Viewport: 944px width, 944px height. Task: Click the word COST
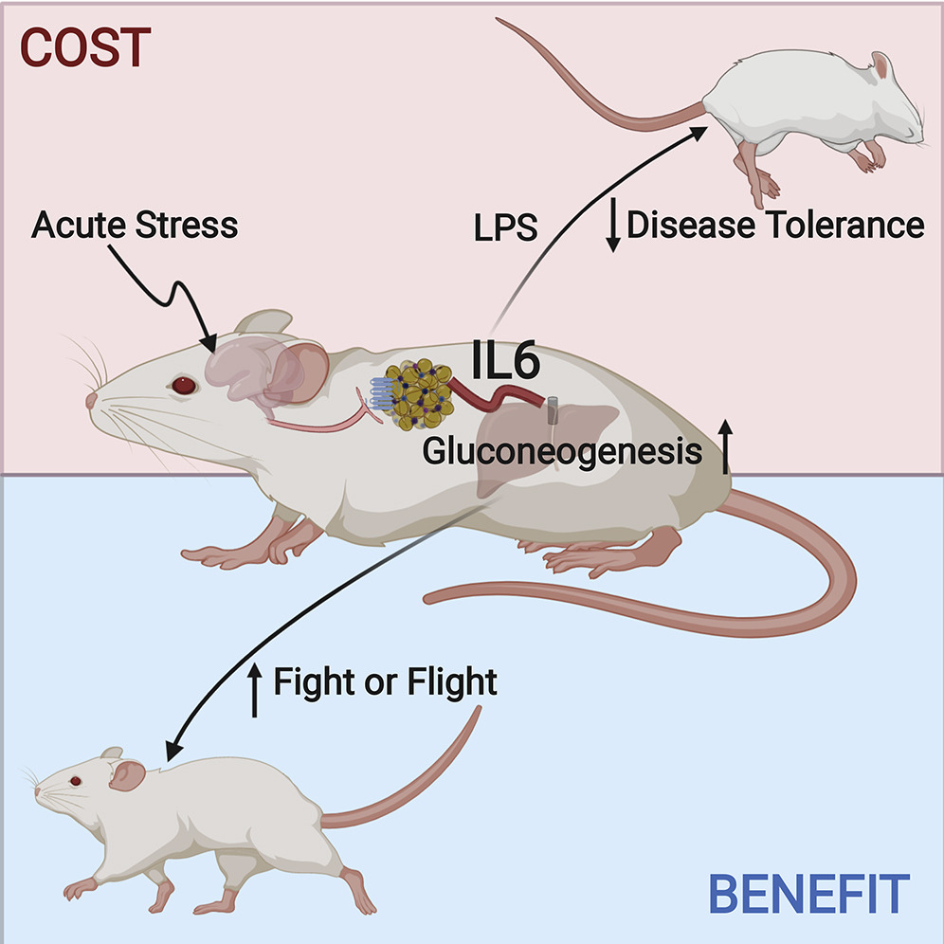pos(86,48)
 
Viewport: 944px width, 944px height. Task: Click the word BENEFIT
pos(809,894)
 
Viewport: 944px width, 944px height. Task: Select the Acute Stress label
pos(133,226)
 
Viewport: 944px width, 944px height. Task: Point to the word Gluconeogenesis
pos(562,452)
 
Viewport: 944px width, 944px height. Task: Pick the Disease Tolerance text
pos(774,226)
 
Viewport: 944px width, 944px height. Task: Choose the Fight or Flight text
pos(385,681)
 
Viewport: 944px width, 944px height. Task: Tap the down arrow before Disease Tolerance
pos(613,227)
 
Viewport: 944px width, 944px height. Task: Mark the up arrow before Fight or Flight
pos(254,688)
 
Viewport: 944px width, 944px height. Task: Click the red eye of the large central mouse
pos(181,386)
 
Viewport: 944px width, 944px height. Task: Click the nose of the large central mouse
pos(91,399)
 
